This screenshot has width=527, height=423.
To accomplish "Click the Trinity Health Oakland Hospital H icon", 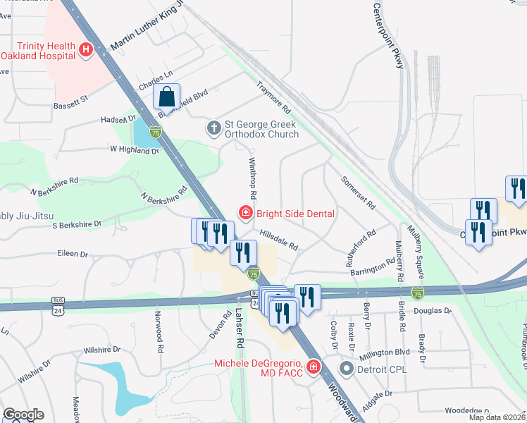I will click(x=86, y=49).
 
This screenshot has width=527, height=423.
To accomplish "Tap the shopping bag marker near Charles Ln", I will click(x=167, y=97).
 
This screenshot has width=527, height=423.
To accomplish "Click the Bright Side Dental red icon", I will click(x=245, y=213).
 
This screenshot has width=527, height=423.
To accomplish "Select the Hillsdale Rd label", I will click(x=278, y=240).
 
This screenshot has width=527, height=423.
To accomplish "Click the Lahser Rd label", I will click(x=240, y=331).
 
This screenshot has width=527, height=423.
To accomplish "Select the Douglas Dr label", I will click(x=433, y=310).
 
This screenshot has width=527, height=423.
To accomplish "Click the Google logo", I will click(x=23, y=415).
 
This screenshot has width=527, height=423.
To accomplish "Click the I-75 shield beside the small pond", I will click(x=156, y=131).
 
